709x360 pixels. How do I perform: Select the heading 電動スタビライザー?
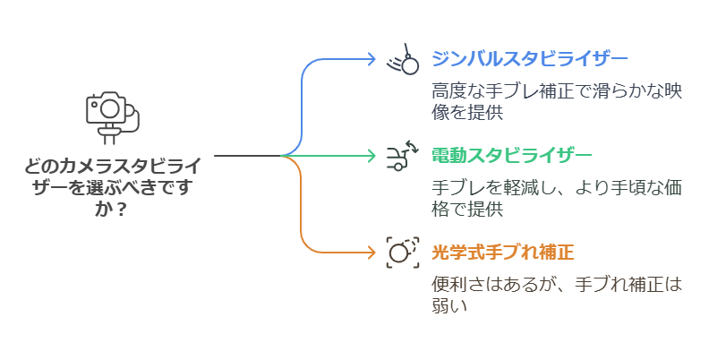pyautogui.click(x=511, y=156)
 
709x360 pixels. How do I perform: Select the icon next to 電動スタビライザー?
pyautogui.click(x=402, y=156)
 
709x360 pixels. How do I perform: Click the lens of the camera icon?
pyautogui.click(x=109, y=107)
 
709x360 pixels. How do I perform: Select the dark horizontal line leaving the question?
pyautogui.click(x=246, y=156)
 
